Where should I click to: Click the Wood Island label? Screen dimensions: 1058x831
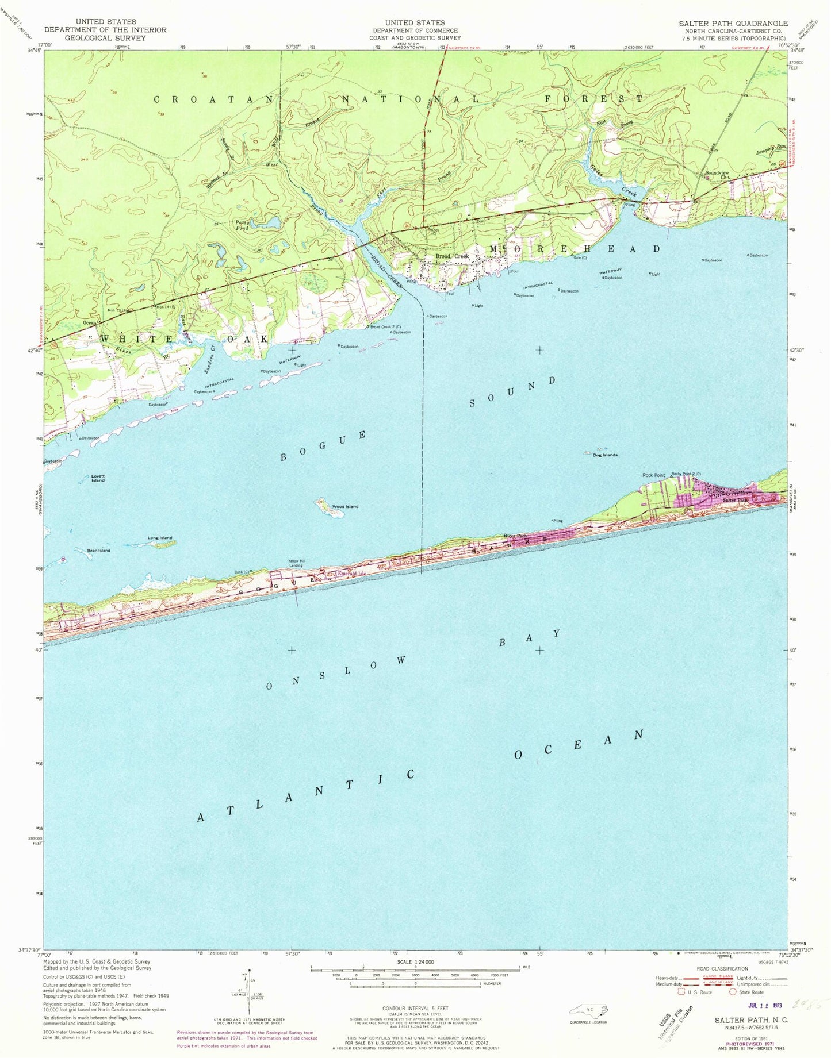344,506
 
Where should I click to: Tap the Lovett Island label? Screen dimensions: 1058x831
98,478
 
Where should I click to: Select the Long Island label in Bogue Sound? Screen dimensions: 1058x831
160,538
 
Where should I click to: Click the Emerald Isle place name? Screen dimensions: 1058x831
352,573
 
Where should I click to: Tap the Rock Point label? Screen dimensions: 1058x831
653,475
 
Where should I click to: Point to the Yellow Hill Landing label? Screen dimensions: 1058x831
296,563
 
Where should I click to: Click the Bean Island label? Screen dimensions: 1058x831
98,551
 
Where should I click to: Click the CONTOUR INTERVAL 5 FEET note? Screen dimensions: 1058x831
415,1008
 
